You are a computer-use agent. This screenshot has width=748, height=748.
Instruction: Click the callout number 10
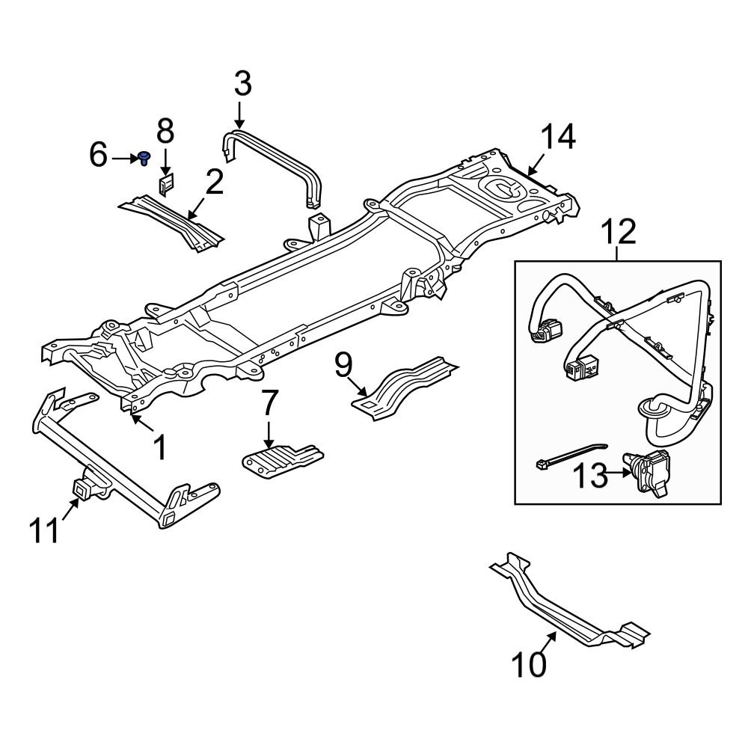click(530, 663)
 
